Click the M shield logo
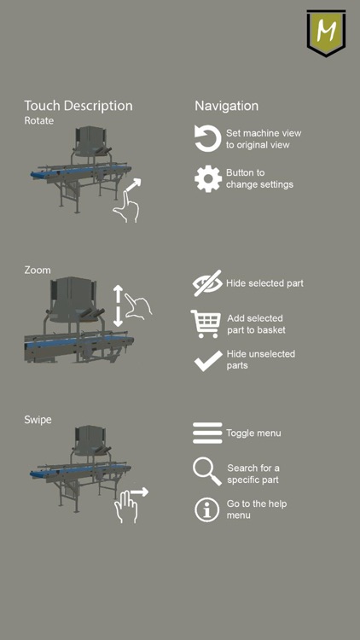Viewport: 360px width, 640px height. (x=326, y=32)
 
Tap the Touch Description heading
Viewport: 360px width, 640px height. (x=78, y=106)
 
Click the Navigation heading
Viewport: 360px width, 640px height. (x=227, y=106)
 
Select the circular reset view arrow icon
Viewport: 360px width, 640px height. (x=207, y=139)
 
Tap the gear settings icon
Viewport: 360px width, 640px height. (x=208, y=179)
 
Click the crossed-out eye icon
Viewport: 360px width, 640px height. (x=207, y=282)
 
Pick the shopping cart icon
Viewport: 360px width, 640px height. (x=206, y=324)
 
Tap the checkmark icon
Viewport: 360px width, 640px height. (x=208, y=361)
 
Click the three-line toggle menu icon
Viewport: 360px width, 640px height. (x=207, y=433)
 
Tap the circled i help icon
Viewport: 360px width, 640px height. (x=207, y=509)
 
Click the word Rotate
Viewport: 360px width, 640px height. (x=38, y=121)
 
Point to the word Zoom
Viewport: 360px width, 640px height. (x=38, y=271)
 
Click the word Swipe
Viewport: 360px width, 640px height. (x=38, y=420)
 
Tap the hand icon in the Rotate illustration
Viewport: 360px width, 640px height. (x=126, y=207)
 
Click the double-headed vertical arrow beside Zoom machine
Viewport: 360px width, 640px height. (x=118, y=305)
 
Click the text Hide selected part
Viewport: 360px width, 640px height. (x=265, y=283)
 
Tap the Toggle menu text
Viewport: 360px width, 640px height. (x=253, y=433)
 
